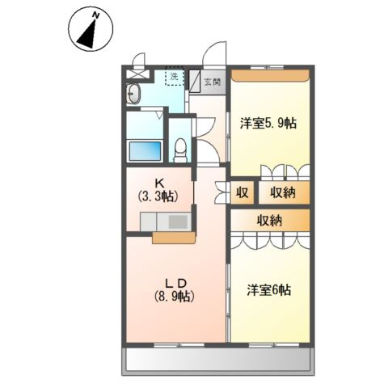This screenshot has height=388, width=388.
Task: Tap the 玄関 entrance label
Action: (x=211, y=82)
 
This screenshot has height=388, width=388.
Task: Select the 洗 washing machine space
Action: (x=173, y=77)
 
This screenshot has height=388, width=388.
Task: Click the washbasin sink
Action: (x=134, y=95)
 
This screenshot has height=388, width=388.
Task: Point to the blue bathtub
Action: (x=145, y=150)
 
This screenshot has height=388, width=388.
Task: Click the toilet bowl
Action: (x=182, y=149)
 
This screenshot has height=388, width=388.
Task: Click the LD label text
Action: (x=176, y=282)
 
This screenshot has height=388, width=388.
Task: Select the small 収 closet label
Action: (x=242, y=193)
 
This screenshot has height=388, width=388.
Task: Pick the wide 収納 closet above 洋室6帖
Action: (x=269, y=220)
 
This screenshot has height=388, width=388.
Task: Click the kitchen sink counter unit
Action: (x=167, y=221)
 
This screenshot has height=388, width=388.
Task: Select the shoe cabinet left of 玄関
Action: (x=195, y=82)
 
